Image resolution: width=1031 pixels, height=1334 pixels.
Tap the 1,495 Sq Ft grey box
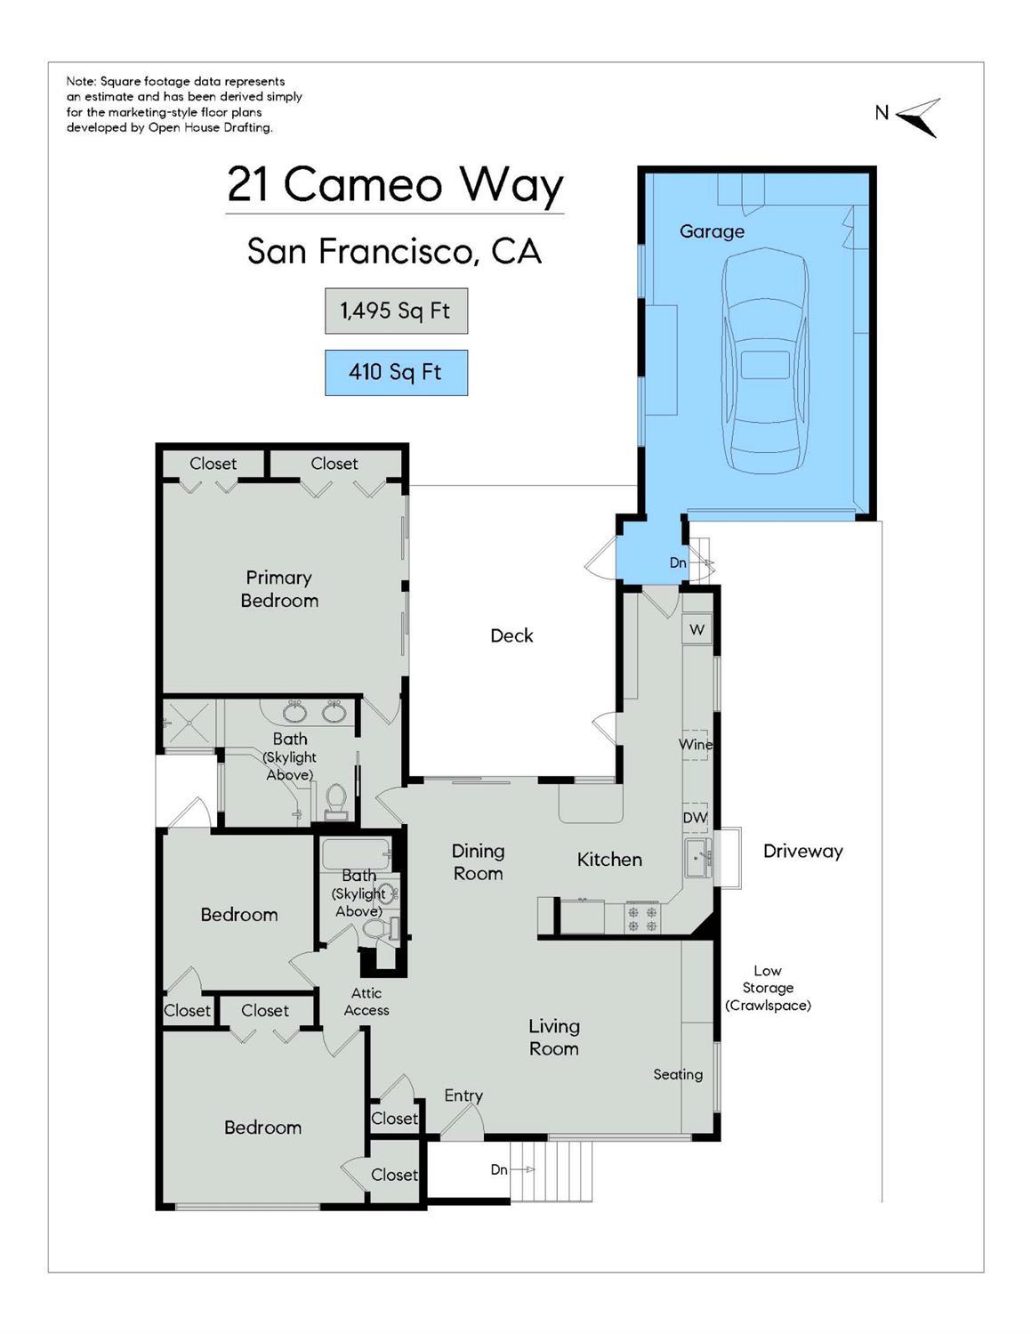[x=396, y=311]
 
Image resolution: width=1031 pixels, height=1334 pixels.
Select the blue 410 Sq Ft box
[x=396, y=372]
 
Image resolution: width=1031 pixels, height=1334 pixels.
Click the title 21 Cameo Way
[x=395, y=185]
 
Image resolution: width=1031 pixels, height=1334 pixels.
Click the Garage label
[x=712, y=231]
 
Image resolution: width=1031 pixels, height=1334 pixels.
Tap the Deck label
[x=511, y=635]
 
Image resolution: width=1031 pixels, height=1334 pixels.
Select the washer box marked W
[x=697, y=629]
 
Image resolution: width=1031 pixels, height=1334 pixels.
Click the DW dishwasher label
[x=695, y=817]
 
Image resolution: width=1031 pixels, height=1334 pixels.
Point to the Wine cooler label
[x=695, y=744]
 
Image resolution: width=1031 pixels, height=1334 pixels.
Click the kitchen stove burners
[x=642, y=918]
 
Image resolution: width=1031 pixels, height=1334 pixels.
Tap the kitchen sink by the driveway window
[x=697, y=859]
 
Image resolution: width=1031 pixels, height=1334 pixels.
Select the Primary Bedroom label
[x=279, y=589]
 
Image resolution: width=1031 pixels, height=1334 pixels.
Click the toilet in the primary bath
[x=336, y=799]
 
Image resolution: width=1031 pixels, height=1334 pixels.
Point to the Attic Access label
[x=366, y=1001]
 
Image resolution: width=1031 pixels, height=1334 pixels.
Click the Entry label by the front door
[x=463, y=1095]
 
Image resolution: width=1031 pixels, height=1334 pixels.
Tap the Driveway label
[x=802, y=851]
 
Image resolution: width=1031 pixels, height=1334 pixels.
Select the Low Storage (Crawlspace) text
[x=768, y=988]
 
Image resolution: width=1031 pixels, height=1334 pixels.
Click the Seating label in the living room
[x=678, y=1074]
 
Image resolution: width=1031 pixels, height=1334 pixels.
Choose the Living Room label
[x=553, y=1037]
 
